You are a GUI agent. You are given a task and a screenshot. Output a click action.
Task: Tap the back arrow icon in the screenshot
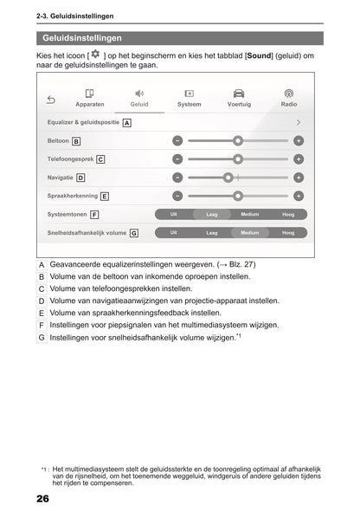[51, 98]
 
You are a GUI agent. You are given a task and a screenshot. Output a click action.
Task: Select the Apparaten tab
[90, 98]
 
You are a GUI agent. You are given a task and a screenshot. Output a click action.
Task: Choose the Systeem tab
[189, 98]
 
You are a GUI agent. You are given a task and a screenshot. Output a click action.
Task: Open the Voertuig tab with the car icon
[239, 98]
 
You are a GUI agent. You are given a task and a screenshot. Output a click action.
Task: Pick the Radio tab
[289, 98]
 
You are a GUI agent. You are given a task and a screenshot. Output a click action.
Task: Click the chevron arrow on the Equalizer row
[298, 123]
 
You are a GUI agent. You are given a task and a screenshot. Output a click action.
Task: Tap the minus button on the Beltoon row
[177, 140]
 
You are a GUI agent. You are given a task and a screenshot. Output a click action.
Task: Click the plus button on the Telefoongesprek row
[299, 158]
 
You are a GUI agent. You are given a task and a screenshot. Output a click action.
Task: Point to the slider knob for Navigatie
[228, 178]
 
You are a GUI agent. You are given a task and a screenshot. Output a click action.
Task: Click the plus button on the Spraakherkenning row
[299, 196]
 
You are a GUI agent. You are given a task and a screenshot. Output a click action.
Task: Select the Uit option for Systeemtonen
[174, 214]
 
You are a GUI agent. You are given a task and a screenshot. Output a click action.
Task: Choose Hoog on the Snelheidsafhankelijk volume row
[288, 233]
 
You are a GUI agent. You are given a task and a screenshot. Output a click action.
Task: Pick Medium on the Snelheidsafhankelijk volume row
[249, 233]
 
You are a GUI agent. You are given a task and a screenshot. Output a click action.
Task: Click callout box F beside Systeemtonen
[94, 214]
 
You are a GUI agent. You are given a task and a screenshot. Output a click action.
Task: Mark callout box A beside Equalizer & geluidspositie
[127, 123]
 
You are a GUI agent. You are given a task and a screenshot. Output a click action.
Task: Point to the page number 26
[43, 500]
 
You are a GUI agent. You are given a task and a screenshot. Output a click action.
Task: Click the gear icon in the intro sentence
[95, 55]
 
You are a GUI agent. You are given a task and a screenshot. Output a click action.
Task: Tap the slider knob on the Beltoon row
[238, 140]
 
